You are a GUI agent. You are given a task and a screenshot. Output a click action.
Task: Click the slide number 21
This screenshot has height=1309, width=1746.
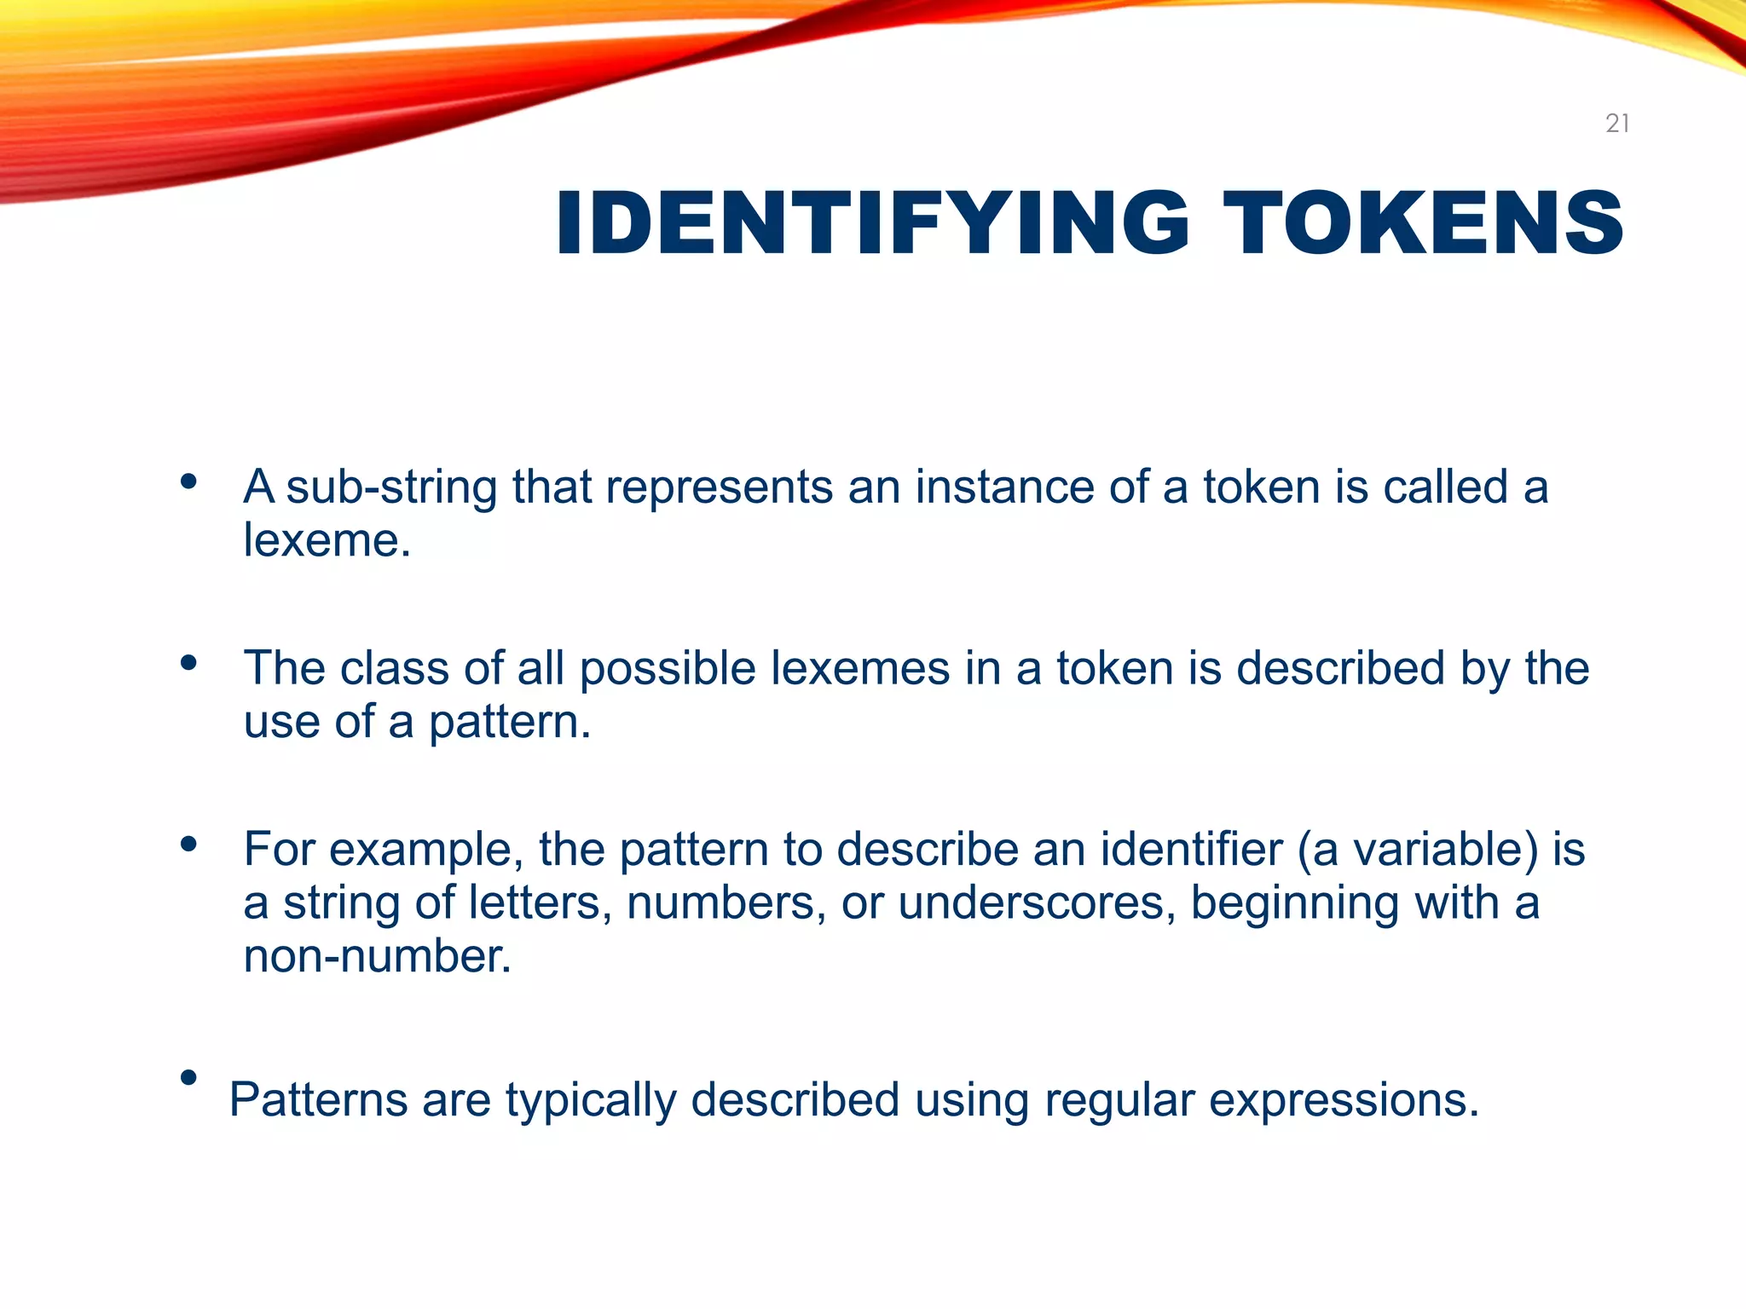coord(1617,124)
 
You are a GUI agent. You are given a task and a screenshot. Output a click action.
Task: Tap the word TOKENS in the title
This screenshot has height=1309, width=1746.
coord(1423,222)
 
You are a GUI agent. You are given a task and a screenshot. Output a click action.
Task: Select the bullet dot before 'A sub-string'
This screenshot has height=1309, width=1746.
coord(189,482)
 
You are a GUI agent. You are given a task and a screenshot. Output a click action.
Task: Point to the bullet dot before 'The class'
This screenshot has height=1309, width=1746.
coord(189,663)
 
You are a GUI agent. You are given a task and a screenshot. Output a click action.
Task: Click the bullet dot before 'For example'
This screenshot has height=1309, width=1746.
coord(189,845)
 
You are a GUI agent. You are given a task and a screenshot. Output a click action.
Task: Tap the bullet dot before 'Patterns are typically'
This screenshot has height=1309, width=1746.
coord(189,1078)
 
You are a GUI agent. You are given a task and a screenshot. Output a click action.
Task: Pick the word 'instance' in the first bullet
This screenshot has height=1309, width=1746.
coord(1004,487)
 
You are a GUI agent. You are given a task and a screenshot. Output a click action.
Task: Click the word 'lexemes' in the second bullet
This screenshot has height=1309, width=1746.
coord(860,668)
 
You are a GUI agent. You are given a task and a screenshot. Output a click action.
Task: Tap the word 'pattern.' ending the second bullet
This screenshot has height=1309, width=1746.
coord(509,723)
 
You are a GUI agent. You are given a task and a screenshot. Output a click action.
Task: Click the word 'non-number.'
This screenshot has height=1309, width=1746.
coord(378,956)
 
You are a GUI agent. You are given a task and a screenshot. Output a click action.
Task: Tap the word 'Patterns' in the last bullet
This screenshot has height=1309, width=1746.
coord(319,1100)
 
